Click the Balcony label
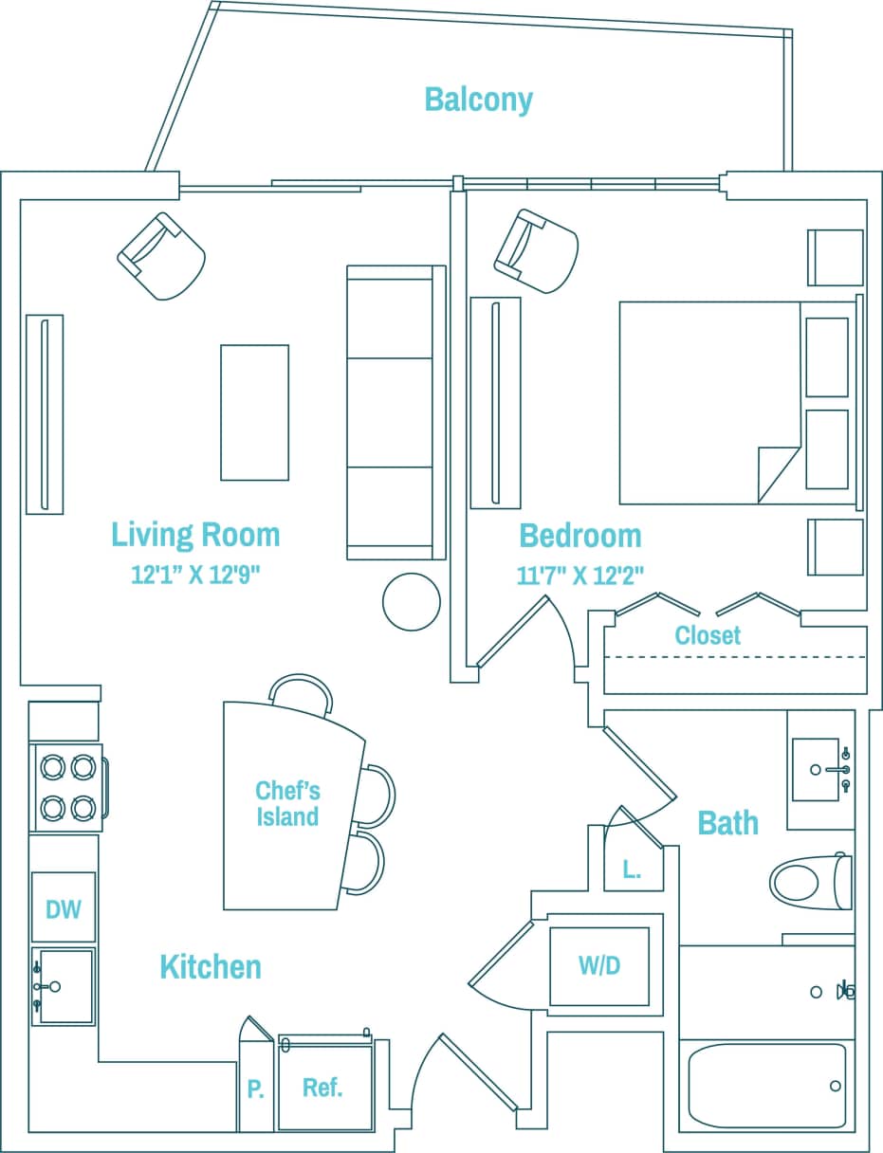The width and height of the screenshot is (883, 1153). point(478,100)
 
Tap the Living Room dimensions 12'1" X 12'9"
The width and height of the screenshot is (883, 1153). point(195,574)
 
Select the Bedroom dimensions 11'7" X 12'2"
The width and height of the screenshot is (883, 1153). point(579,576)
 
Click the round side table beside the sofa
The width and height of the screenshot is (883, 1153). point(412,601)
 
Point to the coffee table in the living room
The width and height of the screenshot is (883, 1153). point(254,412)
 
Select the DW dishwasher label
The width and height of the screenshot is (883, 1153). point(64,908)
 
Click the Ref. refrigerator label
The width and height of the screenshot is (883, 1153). point(322,1088)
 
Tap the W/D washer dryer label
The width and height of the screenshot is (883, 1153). point(599,966)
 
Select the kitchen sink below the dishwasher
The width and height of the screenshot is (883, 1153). point(64,986)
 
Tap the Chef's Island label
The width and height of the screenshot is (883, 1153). point(287,803)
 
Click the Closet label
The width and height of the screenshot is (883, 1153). point(708,635)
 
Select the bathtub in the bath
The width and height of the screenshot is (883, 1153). point(766,1086)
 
